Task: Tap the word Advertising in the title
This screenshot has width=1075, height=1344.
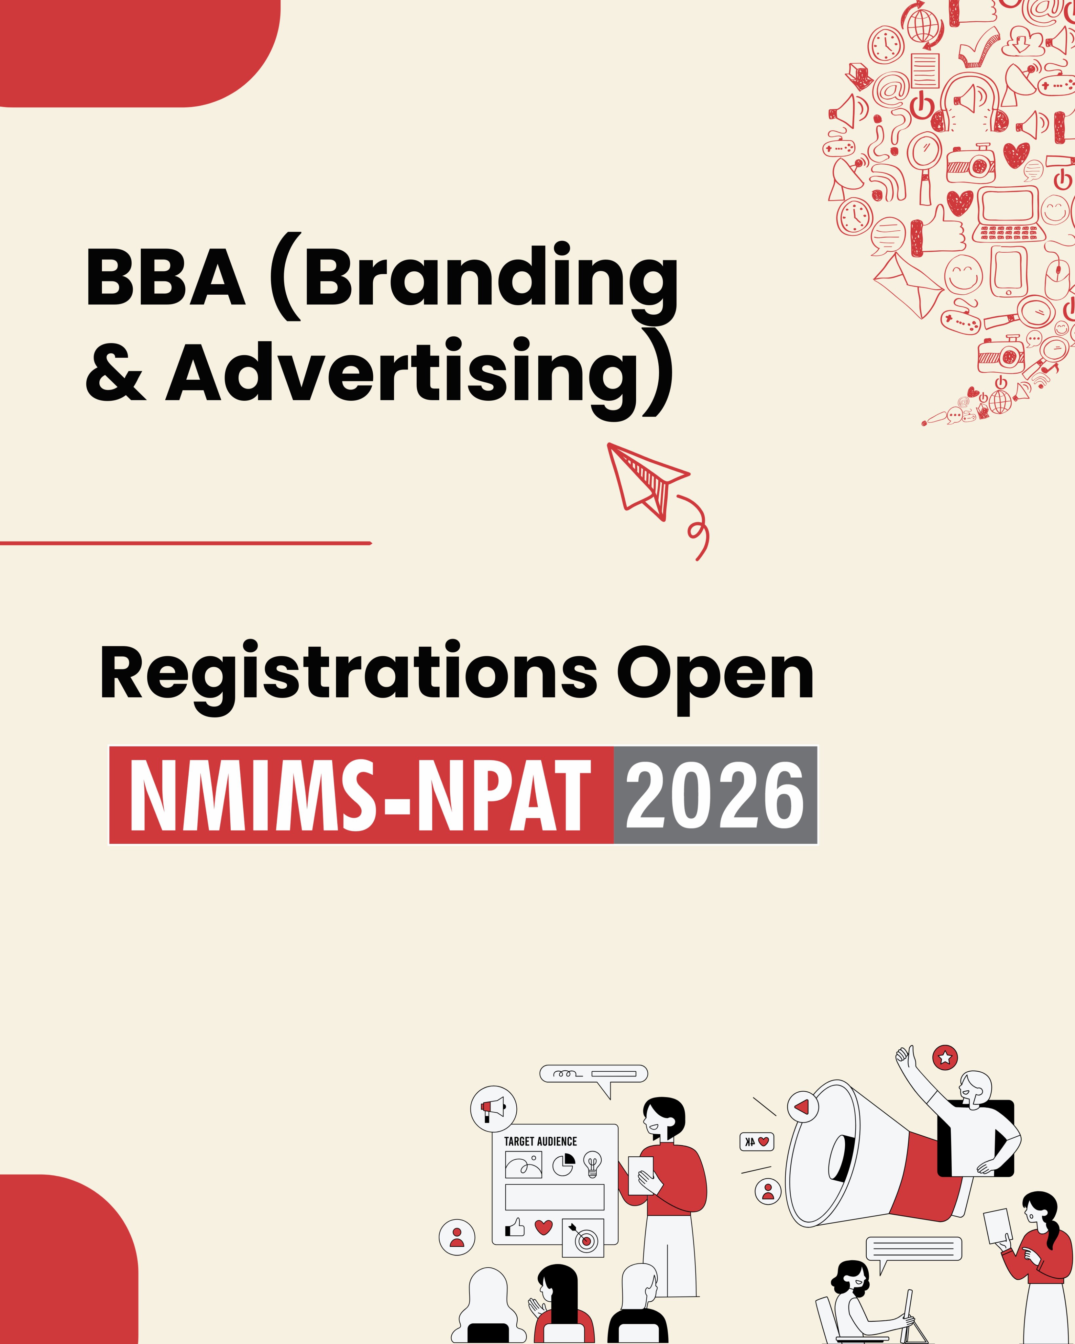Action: (403, 376)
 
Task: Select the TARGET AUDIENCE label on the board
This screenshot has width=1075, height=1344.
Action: (540, 1141)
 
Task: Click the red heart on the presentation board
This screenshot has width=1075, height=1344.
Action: (544, 1227)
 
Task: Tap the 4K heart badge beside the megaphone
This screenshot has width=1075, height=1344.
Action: (756, 1142)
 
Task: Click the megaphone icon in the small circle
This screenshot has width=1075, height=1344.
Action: (494, 1109)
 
